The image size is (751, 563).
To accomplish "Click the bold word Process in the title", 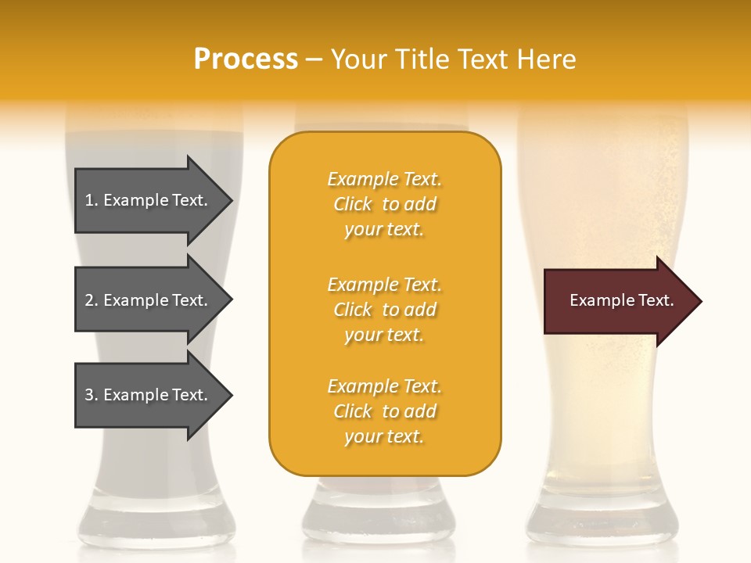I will pyautogui.click(x=246, y=59).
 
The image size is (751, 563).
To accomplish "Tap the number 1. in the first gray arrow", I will pyautogui.click(x=92, y=200).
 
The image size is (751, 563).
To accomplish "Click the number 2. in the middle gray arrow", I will pyautogui.click(x=92, y=300).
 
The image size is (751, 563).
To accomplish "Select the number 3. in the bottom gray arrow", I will pyautogui.click(x=92, y=395).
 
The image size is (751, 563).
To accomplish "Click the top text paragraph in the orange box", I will pyautogui.click(x=384, y=204).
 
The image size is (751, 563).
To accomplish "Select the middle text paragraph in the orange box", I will pyautogui.click(x=384, y=310).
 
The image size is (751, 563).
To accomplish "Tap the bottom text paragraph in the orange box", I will pyautogui.click(x=384, y=411).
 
